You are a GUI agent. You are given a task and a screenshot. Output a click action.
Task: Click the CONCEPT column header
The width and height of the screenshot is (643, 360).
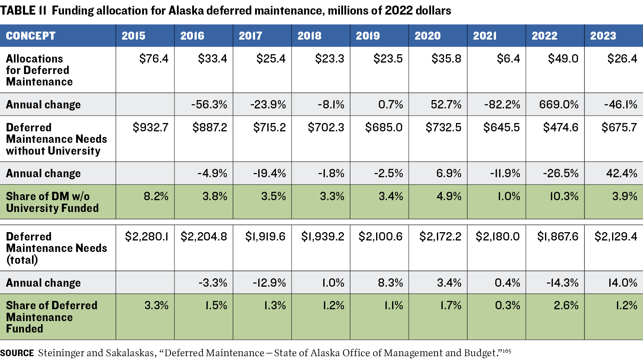[x=31, y=36]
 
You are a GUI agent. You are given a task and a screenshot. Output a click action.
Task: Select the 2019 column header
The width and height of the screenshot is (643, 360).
[x=368, y=36]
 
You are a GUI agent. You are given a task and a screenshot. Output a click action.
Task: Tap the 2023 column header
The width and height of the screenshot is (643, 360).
[x=603, y=36]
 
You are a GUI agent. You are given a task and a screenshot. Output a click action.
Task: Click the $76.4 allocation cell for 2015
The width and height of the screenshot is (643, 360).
[x=154, y=59]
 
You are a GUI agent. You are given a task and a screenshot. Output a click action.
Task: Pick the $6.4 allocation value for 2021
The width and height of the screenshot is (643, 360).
[x=508, y=59]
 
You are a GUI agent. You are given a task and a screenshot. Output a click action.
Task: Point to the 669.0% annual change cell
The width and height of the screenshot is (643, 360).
[x=559, y=105]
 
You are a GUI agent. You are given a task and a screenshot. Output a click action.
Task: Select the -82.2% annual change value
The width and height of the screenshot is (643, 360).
[x=502, y=105]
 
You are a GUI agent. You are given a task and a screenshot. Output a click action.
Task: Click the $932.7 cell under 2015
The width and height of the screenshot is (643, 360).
[x=150, y=128]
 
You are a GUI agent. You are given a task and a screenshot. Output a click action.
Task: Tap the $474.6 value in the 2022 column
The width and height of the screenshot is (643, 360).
[x=561, y=128]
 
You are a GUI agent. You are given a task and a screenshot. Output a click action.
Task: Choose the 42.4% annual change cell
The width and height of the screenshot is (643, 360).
[x=621, y=173]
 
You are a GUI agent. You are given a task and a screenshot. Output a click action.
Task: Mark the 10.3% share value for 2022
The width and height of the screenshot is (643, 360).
[x=564, y=196]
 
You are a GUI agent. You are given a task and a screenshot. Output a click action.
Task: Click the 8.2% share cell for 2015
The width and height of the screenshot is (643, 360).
[x=156, y=196]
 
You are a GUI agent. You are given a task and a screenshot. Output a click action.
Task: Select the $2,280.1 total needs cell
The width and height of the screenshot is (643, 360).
[x=147, y=237]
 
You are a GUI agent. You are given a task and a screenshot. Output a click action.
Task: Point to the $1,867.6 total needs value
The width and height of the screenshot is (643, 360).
[x=557, y=237]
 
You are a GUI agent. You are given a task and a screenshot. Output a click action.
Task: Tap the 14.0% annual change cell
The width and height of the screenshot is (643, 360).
[x=622, y=283]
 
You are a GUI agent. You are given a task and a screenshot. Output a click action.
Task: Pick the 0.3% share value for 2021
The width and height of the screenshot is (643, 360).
[x=507, y=305]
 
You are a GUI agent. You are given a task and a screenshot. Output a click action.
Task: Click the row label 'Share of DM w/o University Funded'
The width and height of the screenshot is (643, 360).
[x=52, y=202]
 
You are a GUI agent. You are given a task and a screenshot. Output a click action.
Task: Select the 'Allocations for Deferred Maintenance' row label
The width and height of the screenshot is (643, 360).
[x=39, y=70]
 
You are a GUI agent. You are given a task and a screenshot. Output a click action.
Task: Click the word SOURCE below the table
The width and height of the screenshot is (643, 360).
[x=17, y=353]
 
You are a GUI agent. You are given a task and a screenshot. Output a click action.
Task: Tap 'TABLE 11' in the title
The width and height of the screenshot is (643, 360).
[x=23, y=11]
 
